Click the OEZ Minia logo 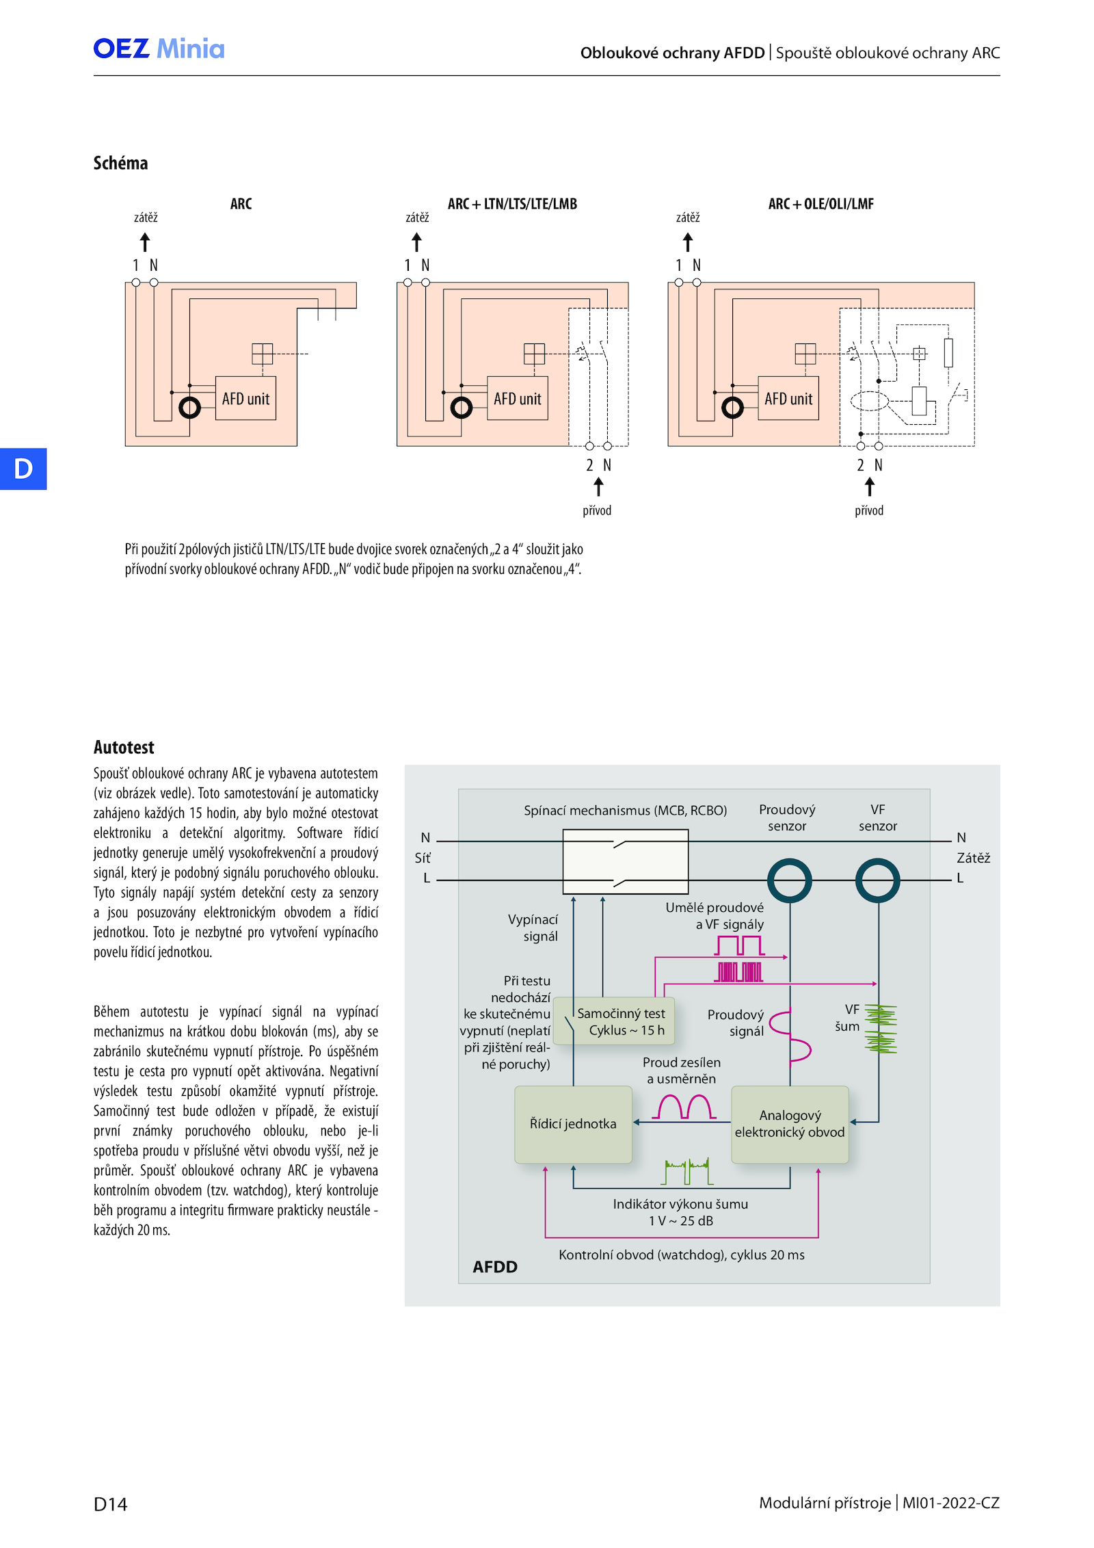click(159, 49)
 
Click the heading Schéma click(120, 163)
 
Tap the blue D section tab click(23, 469)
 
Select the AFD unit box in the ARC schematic click(245, 398)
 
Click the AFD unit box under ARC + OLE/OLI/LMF click(788, 398)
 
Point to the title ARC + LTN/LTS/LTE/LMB click(512, 204)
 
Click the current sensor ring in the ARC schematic click(189, 408)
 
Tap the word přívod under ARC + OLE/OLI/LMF click(869, 510)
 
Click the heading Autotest click(124, 747)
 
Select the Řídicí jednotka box click(573, 1125)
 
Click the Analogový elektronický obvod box click(790, 1125)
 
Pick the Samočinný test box click(613, 1021)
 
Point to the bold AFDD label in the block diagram click(495, 1267)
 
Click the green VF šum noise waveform click(881, 1029)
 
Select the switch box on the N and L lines click(626, 862)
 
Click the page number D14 click(110, 1504)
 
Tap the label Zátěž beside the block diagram click(974, 858)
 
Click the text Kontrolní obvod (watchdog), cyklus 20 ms click(682, 1255)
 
